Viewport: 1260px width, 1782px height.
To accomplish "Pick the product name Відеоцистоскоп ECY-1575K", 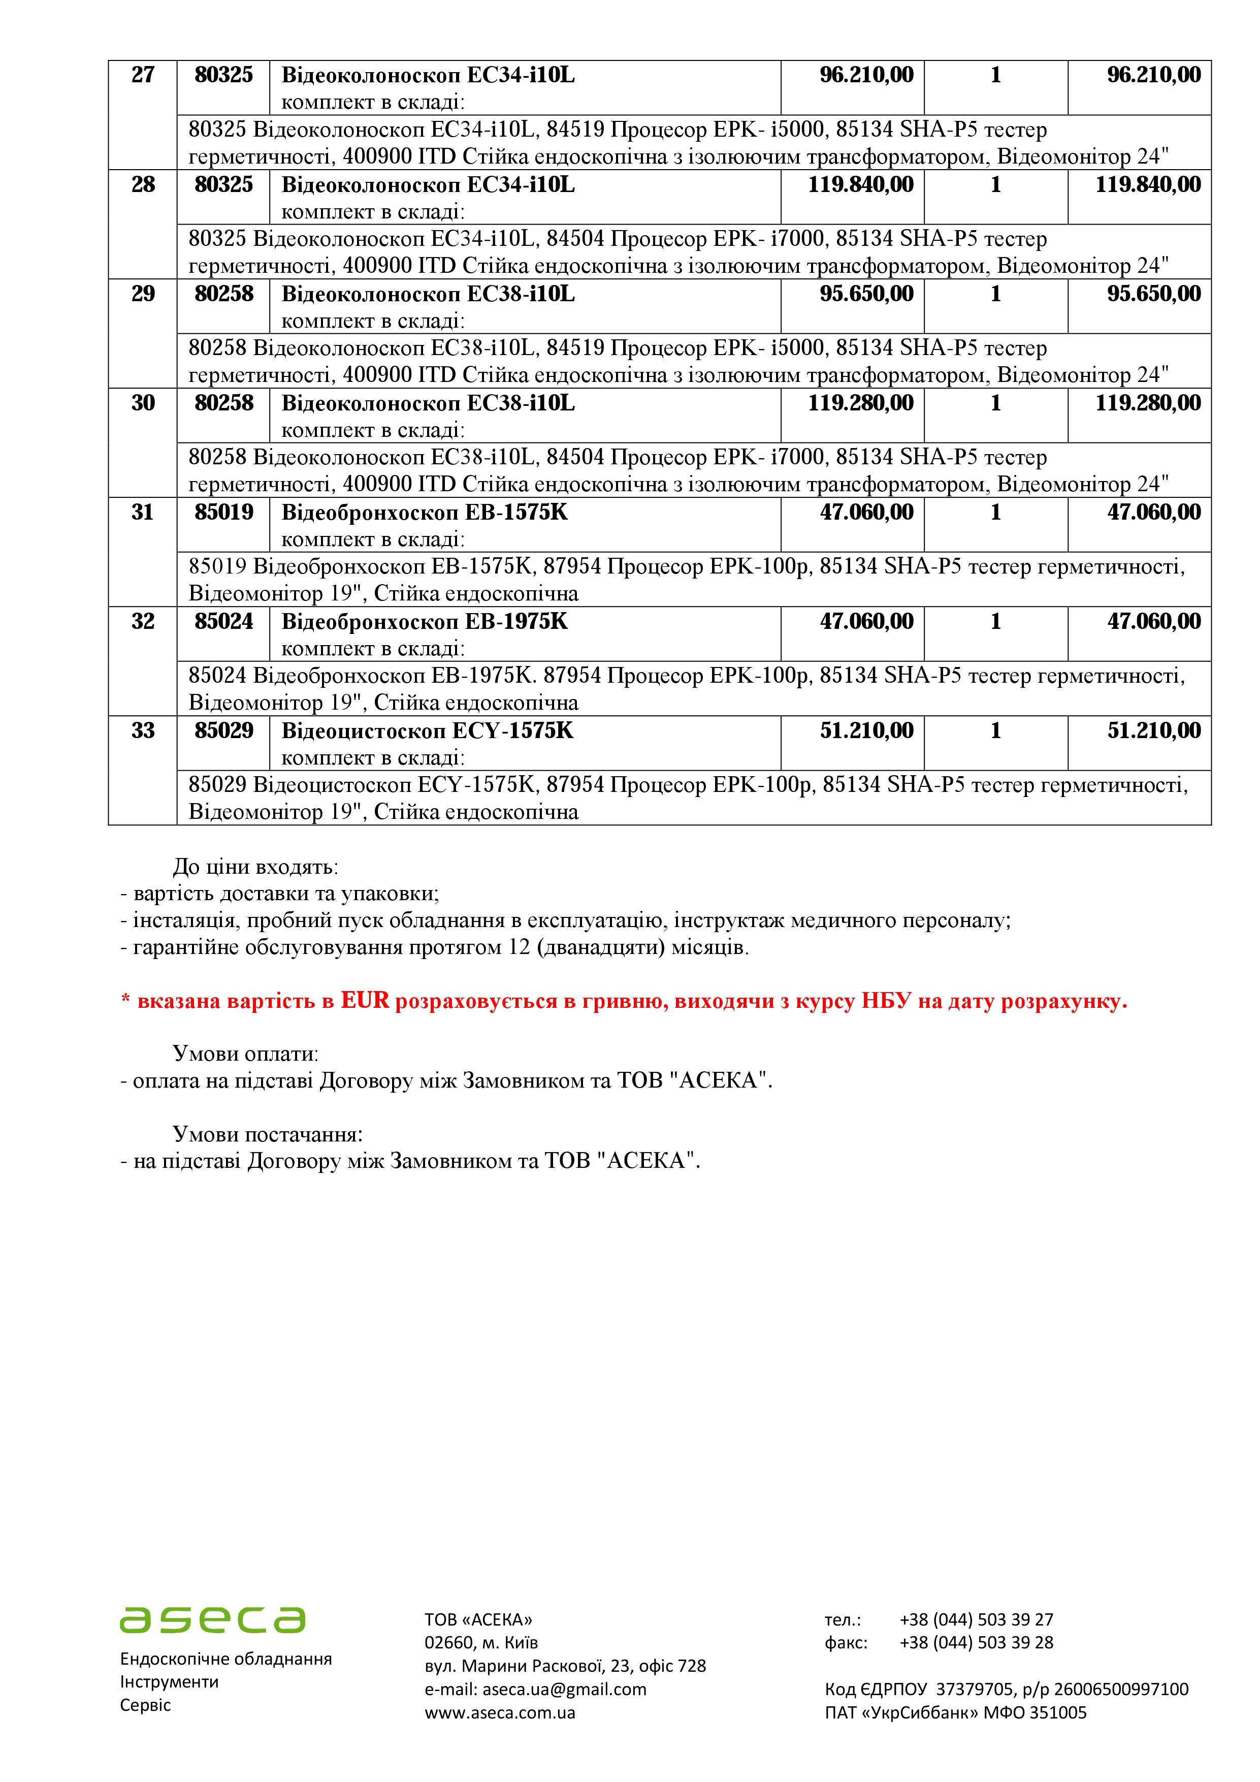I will (428, 730).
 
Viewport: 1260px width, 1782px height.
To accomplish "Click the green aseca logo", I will (213, 1619).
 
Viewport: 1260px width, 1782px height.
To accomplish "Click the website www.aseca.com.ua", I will (500, 1712).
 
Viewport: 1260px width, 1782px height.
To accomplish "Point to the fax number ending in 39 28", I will (976, 1642).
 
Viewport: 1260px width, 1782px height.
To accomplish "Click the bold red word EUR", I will (365, 1001).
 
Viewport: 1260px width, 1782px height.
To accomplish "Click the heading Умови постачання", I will (268, 1134).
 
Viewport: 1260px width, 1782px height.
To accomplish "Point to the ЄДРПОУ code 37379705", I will (974, 1689).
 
